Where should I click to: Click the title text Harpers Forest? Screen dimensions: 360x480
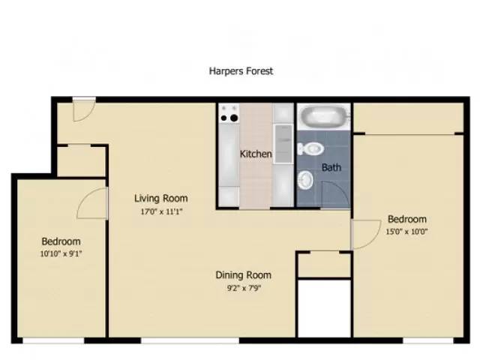240,71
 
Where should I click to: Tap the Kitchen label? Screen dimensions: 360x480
256,154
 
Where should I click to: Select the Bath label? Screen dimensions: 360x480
331,167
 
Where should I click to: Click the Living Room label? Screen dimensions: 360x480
160,199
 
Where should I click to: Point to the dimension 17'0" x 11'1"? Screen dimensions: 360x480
160,211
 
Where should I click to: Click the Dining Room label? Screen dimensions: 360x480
243,275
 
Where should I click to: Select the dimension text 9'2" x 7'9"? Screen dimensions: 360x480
243,287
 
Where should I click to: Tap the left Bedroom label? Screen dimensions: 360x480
60,241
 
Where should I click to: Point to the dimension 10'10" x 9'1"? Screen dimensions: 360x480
60,253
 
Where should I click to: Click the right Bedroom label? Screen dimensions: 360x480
406,220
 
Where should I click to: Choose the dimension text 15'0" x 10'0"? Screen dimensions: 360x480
406,232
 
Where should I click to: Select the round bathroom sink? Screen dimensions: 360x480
306,179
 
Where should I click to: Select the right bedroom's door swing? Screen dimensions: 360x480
364,234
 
